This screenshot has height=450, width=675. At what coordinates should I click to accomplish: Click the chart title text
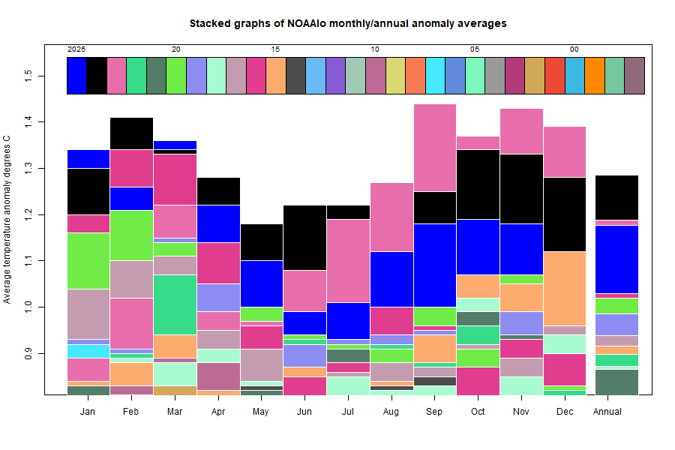[x=347, y=23]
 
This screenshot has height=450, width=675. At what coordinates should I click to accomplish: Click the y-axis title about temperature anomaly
[x=7, y=220]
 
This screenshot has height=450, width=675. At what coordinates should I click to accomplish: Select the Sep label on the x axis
[x=435, y=412]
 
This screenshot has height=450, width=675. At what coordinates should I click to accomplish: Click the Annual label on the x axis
[x=606, y=412]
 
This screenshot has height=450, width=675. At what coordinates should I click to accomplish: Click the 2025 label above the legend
[x=76, y=49]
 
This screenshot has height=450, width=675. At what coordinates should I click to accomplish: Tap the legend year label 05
[x=475, y=49]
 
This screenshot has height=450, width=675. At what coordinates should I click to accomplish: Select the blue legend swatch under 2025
[x=76, y=76]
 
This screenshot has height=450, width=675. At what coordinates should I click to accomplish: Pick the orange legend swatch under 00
[x=594, y=76]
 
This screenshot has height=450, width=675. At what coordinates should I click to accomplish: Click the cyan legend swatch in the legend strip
[x=435, y=76]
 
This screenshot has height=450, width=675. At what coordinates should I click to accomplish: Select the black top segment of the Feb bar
[x=132, y=133]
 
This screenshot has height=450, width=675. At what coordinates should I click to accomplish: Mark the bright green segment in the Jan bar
[x=88, y=261]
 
